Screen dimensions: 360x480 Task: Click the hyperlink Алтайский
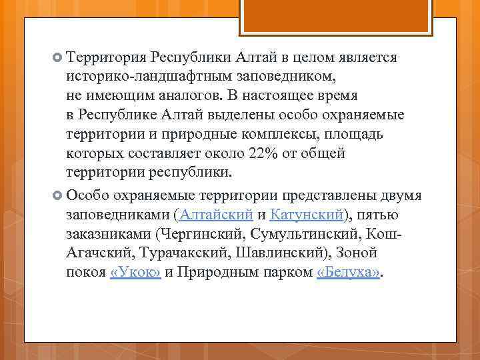pyautogui.click(x=217, y=215)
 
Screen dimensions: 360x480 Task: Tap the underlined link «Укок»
pyautogui.click(x=135, y=273)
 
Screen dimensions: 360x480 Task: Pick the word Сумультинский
pyautogui.click(x=312, y=234)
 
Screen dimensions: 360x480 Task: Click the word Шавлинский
pyautogui.click(x=274, y=253)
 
